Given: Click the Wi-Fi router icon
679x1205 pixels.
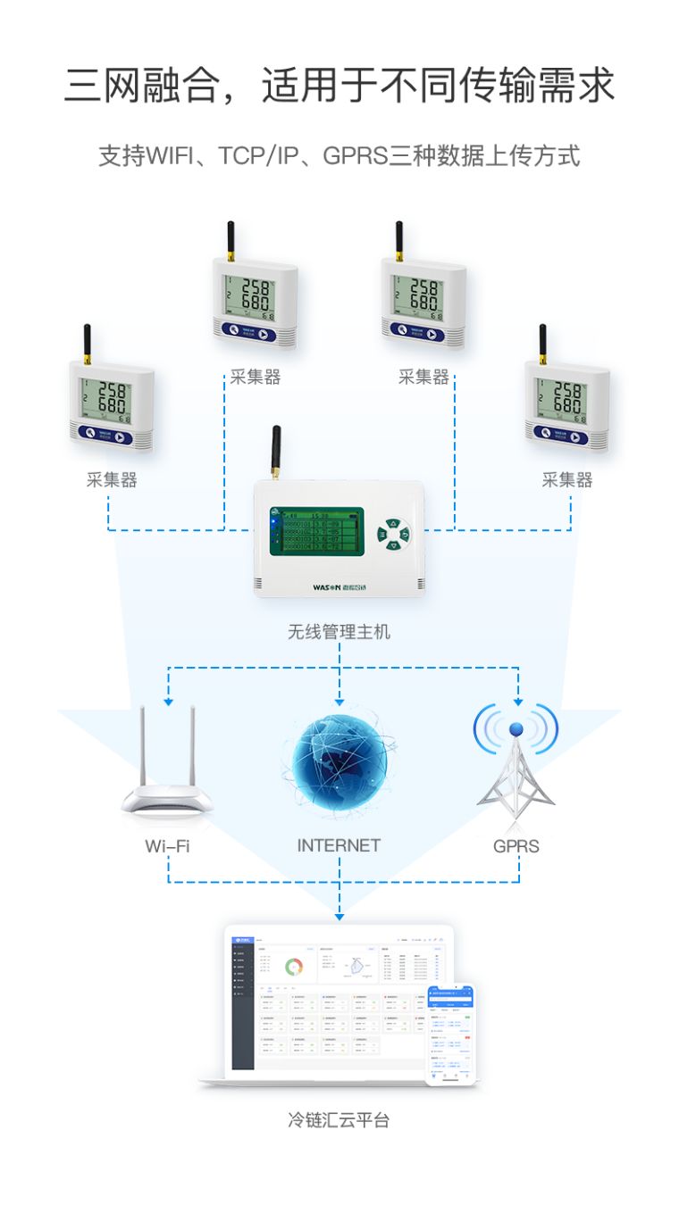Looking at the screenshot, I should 168,777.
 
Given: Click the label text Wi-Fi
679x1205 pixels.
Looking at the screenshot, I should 168,845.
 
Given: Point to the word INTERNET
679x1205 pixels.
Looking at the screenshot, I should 339,845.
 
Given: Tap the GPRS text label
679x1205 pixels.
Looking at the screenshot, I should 516,845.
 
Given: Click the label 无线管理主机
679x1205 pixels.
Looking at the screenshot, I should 339,632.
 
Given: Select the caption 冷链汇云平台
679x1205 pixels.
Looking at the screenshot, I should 339,1119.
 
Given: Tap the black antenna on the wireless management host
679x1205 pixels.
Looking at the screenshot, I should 277,453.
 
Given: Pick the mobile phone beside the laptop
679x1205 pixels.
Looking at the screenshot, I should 449,1035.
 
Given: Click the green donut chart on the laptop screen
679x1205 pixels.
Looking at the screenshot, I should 294,966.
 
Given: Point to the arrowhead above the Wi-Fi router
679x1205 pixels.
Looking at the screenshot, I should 168,702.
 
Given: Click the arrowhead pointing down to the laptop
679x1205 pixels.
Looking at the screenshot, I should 339,917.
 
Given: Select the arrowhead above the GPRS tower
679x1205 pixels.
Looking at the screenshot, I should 517,702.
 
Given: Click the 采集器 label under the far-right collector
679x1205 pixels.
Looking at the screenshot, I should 567,480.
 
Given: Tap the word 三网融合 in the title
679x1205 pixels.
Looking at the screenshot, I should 142,86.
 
